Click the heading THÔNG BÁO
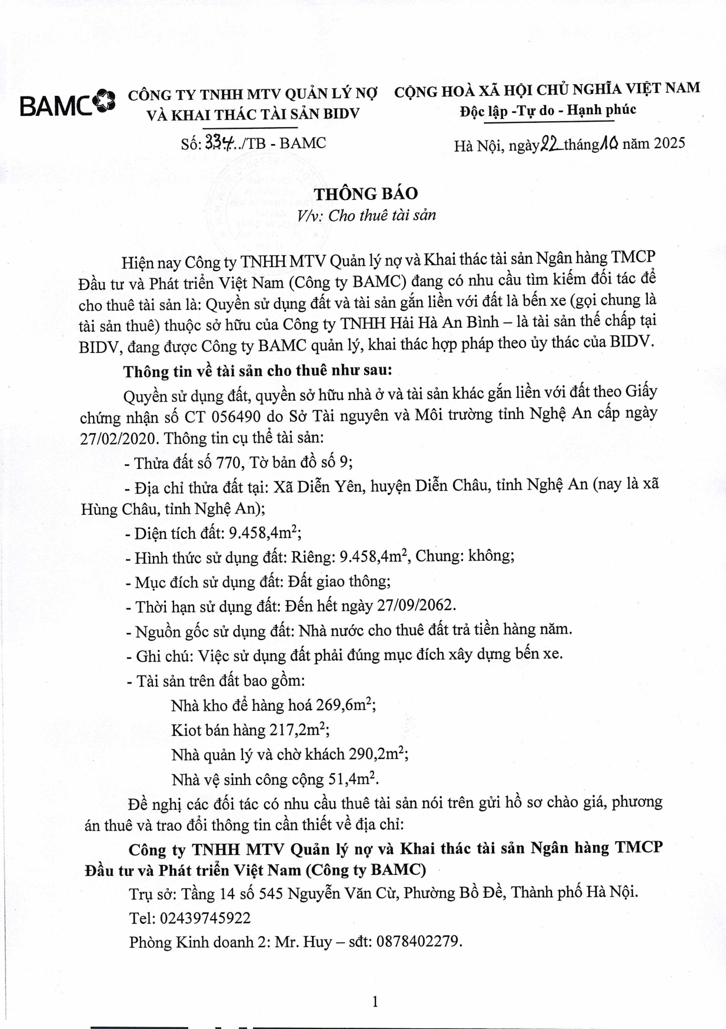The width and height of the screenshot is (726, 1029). pos(365,194)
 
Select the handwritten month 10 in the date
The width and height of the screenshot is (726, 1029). pos(608,143)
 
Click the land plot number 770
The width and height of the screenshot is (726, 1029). pos(229,462)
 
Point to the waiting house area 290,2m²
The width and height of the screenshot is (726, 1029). pos(377,754)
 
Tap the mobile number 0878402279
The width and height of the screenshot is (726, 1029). pos(417,942)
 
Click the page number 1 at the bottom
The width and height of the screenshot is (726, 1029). pos(375,1001)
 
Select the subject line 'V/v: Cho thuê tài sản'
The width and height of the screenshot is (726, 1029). pos(365,215)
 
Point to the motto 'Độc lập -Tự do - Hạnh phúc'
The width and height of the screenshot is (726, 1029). pos(547,110)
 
